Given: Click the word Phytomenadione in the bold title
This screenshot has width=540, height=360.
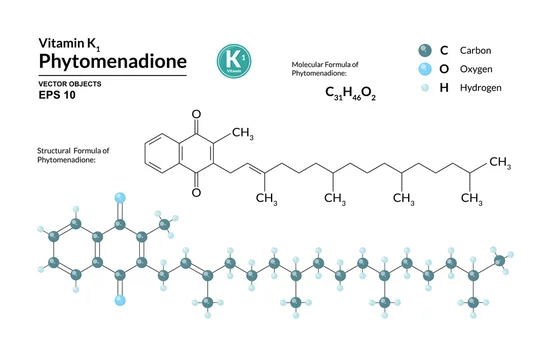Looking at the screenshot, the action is click(x=113, y=62).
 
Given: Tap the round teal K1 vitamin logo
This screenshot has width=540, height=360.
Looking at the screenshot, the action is click(x=234, y=61).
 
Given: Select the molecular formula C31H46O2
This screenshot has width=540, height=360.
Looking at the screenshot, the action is click(x=350, y=93).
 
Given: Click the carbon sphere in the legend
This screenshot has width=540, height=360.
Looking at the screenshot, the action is click(x=425, y=51).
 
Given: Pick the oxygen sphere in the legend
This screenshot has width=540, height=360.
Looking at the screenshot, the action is click(x=425, y=69).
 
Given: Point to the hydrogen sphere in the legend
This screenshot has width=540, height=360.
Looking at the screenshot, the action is click(x=425, y=88).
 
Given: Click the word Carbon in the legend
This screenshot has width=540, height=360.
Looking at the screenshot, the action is click(x=475, y=51).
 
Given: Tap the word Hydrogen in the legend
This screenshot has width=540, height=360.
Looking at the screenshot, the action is click(x=480, y=88).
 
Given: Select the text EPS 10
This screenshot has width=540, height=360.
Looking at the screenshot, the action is click(x=57, y=95).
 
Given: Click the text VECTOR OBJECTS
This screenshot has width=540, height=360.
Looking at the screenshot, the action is click(x=70, y=84).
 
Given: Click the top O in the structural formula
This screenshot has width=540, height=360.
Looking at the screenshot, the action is click(x=196, y=114).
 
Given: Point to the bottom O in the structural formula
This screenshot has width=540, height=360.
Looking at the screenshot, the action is click(x=196, y=192).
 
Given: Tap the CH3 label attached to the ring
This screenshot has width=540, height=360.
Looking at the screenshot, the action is click(x=243, y=133).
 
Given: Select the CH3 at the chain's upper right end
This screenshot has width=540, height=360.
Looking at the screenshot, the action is click(x=500, y=162).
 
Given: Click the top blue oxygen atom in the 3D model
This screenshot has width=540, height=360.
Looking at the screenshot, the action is click(x=120, y=198).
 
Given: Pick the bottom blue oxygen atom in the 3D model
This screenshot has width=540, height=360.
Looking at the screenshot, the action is click(x=120, y=300).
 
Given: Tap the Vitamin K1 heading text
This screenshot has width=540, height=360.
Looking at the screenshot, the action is click(x=69, y=44).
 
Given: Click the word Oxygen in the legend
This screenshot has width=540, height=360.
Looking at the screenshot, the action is click(x=476, y=69).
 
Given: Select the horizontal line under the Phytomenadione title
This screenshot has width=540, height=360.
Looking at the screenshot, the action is click(x=113, y=75).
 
